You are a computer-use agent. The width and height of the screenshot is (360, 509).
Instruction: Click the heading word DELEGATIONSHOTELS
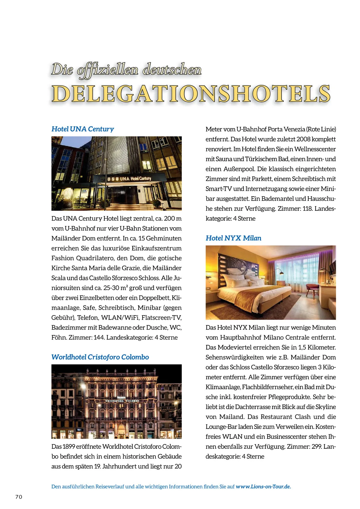pos(191,94)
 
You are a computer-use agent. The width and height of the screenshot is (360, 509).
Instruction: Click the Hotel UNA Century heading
pos(82,129)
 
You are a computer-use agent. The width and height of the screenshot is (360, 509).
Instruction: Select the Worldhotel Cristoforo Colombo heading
pos(100,357)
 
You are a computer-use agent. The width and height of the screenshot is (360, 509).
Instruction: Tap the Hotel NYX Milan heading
pos(233,238)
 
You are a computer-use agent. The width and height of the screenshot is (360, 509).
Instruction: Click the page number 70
pos(19,497)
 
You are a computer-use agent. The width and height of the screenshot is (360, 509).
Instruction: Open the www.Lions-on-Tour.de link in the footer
pos(263,486)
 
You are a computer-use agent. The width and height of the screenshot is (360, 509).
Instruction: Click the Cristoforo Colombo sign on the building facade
pos(122,401)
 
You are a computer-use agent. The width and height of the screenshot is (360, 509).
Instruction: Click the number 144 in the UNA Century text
pos(99,337)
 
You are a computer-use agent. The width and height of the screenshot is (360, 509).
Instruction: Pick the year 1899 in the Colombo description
pos(69,447)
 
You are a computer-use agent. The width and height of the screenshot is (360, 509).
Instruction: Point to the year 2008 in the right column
pos(303,139)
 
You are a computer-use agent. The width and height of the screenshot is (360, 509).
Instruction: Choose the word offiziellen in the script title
pos(108,70)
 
